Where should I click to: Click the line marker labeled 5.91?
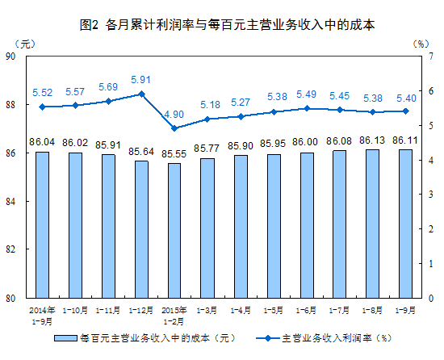coord(141,94)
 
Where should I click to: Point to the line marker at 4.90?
coord(174,128)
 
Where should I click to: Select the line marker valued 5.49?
coord(307,108)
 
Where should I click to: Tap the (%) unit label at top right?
coord(419,42)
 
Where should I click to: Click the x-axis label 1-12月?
coord(140,309)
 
